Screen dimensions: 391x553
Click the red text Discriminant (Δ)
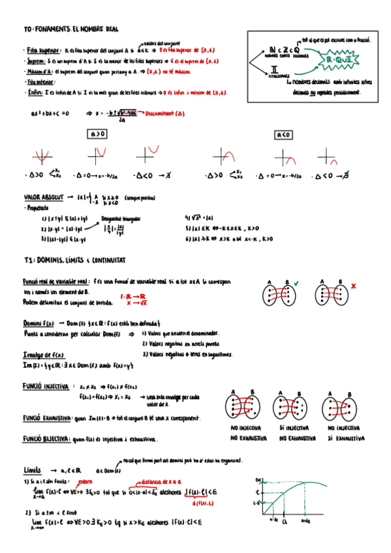pos(163,113)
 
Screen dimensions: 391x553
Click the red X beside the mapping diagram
pos(353,286)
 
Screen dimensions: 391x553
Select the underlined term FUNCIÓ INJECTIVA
pos(46,386)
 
